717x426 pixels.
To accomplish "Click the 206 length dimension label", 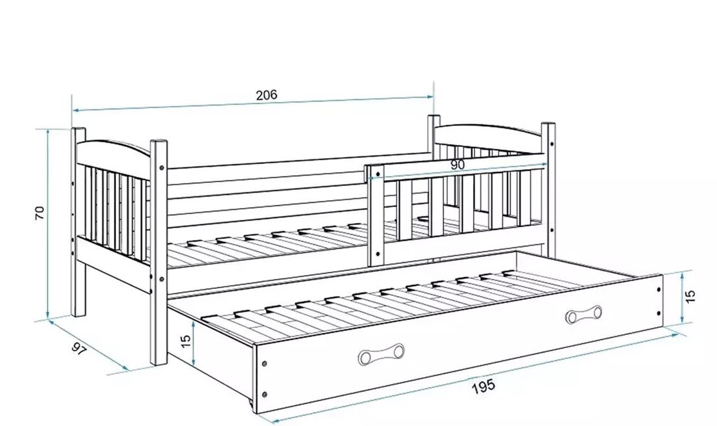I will click(266, 95).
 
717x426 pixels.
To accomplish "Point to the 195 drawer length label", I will click(484, 385).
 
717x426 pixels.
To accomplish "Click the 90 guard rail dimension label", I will click(458, 165).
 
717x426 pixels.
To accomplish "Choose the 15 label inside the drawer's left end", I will click(186, 340).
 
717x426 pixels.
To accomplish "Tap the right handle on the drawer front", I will click(583, 315).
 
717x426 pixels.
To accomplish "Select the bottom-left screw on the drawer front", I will click(265, 393).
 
